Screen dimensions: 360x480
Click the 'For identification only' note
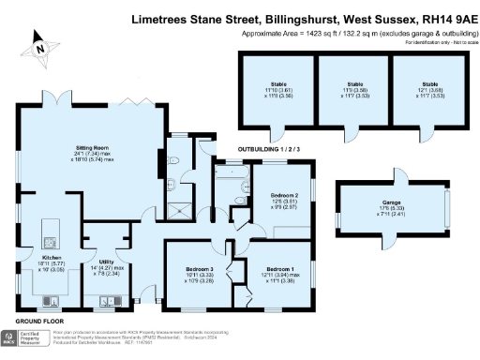tap(435, 41)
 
